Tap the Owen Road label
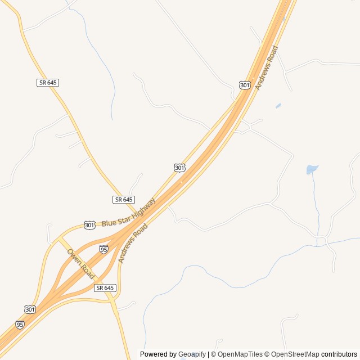(80, 263)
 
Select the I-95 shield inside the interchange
(103, 249)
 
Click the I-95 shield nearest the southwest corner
(20, 325)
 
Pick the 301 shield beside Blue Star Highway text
(90, 225)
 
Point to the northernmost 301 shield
(244, 85)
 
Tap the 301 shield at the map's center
(179, 168)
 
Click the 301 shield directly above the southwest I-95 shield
(30, 309)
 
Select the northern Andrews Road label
(266, 68)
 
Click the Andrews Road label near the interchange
(133, 243)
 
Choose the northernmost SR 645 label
(48, 83)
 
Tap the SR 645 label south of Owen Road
(105, 287)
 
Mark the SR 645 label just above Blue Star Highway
(124, 200)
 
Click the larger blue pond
(312, 169)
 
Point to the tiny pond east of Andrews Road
(278, 105)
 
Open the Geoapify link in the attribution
(192, 354)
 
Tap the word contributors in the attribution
(339, 354)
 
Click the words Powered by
(158, 354)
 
